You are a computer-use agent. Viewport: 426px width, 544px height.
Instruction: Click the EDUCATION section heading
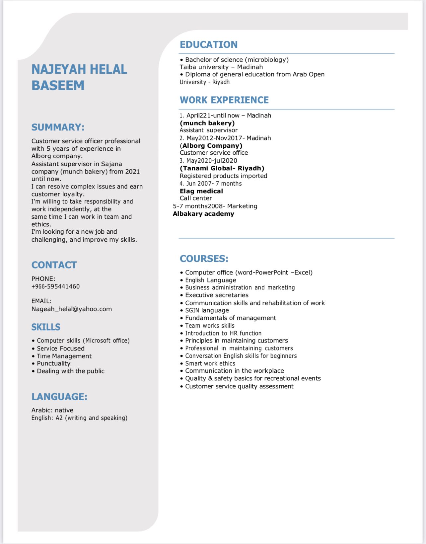click(208, 44)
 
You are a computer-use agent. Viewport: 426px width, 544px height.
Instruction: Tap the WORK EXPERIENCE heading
click(224, 100)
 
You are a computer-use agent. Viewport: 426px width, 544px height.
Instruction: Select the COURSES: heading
click(204, 259)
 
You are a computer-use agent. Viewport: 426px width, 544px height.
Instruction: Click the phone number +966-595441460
click(55, 286)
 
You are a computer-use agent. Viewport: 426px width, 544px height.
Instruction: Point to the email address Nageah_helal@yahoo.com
click(71, 309)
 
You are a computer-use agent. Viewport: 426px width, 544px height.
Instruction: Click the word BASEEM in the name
click(58, 85)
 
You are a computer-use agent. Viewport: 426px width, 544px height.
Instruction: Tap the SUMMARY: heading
click(58, 127)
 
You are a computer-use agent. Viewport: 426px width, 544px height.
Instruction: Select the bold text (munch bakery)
click(207, 123)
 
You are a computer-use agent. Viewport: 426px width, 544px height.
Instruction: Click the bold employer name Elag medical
click(201, 191)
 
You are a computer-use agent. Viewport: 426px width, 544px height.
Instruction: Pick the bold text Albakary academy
click(203, 214)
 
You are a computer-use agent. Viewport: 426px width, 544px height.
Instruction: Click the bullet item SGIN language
click(207, 310)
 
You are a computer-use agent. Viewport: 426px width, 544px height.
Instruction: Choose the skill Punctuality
click(53, 363)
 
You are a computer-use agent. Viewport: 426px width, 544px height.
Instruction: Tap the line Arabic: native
click(52, 410)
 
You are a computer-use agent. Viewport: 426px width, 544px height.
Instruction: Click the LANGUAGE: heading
click(59, 397)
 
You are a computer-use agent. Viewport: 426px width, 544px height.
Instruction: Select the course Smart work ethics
click(210, 363)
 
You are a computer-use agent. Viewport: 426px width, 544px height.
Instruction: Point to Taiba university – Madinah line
click(221, 67)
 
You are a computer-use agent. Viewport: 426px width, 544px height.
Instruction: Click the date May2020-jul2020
click(211, 161)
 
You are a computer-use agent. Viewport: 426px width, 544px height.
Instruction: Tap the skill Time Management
click(64, 356)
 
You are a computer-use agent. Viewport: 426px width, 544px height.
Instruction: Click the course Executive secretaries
click(217, 295)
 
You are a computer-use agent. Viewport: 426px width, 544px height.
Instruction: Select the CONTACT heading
click(54, 265)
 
